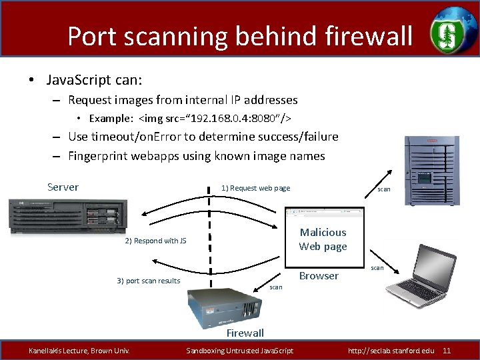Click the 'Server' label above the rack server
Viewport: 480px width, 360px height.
63,187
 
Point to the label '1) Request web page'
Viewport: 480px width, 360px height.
255,188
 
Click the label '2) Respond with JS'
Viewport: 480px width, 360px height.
151,241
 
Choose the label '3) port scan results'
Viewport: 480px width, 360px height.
148,281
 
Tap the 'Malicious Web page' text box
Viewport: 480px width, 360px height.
323,239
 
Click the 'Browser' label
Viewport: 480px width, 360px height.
319,276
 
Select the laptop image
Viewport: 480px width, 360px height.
418,274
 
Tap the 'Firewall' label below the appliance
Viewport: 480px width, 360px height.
245,333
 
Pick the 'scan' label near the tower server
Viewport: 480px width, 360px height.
384,189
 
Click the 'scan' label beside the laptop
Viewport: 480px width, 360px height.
377,268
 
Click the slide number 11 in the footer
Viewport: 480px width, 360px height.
447,351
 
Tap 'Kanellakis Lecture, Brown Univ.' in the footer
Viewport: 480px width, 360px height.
79,351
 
